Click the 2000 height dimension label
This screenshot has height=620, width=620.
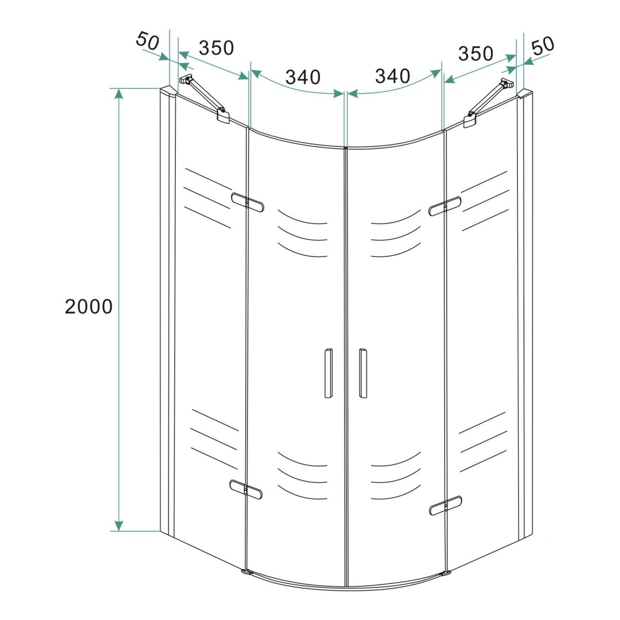[88, 306]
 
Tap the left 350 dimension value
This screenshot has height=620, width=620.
[216, 48]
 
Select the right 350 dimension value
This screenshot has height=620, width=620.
[475, 53]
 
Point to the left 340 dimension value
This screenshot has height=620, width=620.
[303, 76]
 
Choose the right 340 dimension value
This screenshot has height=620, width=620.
[393, 76]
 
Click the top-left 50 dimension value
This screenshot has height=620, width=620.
[148, 41]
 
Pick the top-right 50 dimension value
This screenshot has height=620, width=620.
[543, 45]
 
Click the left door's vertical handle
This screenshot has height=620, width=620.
[328, 373]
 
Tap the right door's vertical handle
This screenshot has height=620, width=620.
[363, 373]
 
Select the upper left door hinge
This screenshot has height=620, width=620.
[247, 203]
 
